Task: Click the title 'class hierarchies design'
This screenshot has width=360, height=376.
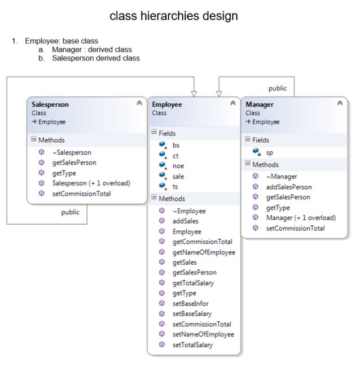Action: (173, 16)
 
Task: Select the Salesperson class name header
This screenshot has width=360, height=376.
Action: (50, 104)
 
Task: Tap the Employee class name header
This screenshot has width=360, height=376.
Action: (167, 104)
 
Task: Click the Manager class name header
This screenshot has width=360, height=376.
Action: (260, 104)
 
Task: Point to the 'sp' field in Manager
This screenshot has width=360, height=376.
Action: (270, 152)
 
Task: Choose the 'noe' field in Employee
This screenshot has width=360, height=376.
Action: (178, 165)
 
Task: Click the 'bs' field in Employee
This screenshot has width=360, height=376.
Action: (176, 145)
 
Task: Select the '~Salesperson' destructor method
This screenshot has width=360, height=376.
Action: (71, 152)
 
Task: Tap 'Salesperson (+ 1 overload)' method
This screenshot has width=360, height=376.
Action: (91, 183)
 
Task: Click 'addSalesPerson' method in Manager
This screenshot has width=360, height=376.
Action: (289, 186)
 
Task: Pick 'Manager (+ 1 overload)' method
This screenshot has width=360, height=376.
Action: (301, 217)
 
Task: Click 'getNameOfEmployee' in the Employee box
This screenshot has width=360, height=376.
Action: (204, 252)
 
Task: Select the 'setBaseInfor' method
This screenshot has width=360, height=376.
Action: (191, 303)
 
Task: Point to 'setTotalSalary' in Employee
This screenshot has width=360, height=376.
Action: (193, 344)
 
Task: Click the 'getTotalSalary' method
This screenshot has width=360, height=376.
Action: (194, 282)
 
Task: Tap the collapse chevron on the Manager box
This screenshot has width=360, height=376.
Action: (340, 103)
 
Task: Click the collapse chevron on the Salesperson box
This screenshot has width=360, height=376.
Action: (139, 103)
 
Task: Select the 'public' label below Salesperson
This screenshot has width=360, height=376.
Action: (70, 212)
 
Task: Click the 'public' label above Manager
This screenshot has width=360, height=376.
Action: (277, 88)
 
